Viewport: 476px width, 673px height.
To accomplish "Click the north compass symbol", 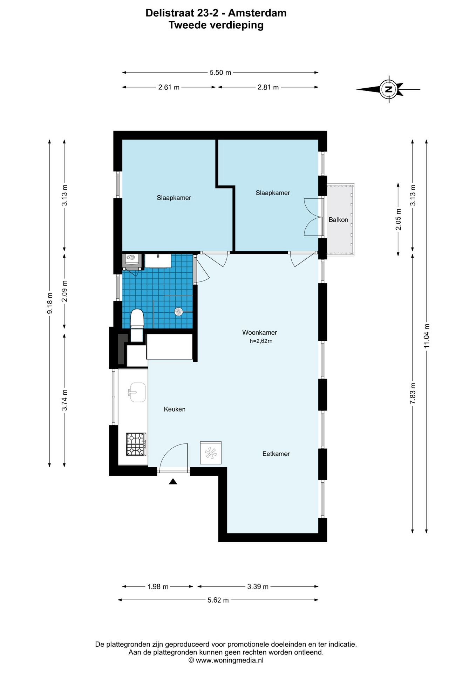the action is (x=388, y=89).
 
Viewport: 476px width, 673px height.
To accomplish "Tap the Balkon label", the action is (x=338, y=220).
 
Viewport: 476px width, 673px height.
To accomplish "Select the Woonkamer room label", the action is (x=260, y=332).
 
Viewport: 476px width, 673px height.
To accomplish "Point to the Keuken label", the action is (x=175, y=409).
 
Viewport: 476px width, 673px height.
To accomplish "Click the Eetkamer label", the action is (x=276, y=454).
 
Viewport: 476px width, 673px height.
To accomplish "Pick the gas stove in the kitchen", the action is (x=136, y=444).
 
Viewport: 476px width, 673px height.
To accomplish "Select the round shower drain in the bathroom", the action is (x=179, y=311).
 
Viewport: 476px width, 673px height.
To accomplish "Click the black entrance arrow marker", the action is (x=173, y=482).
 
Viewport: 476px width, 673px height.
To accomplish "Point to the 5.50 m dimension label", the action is (x=220, y=73).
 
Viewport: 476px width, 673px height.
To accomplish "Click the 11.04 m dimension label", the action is (x=427, y=336).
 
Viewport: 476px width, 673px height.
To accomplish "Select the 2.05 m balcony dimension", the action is (x=398, y=219).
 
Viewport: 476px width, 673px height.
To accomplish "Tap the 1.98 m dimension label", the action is (x=158, y=586).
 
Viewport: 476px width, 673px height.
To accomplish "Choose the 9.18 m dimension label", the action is (x=50, y=303).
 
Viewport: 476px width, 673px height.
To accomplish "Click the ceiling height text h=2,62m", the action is (x=261, y=341).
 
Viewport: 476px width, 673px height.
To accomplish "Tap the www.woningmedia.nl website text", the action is (x=230, y=660).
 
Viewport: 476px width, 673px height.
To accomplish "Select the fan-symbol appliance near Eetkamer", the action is (x=211, y=453).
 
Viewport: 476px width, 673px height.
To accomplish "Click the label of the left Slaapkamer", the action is (x=174, y=198).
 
